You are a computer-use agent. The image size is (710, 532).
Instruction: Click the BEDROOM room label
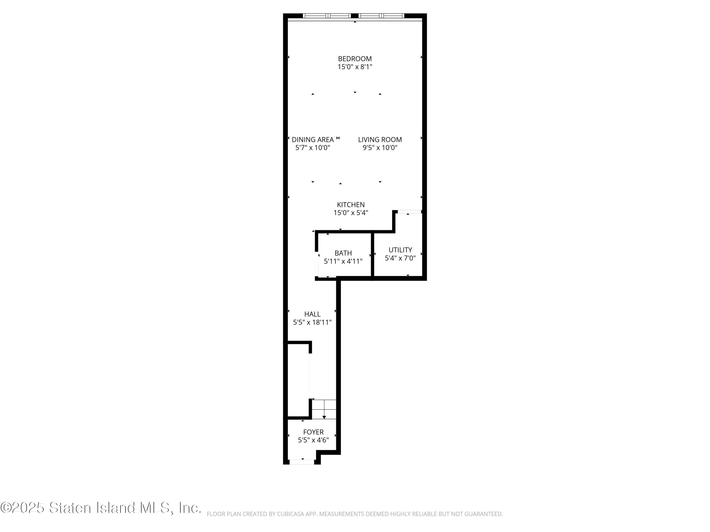coord(355,59)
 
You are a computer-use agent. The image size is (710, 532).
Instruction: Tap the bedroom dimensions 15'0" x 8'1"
coord(355,67)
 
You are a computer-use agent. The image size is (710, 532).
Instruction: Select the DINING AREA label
coord(313,140)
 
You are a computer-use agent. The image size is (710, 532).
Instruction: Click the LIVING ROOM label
coord(380,140)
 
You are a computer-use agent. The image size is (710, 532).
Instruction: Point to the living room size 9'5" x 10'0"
coord(380,148)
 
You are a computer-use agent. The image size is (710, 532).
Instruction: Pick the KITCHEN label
coord(351,205)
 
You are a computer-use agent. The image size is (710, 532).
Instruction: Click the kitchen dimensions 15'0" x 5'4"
coord(351,213)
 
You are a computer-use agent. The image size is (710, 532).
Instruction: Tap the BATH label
coord(343,253)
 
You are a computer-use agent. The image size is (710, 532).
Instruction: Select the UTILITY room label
coord(400,250)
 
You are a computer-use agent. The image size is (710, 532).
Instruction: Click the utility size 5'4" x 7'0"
coord(400,258)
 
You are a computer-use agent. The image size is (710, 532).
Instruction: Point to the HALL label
coord(312,314)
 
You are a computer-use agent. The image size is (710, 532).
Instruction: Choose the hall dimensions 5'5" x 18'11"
coord(312,322)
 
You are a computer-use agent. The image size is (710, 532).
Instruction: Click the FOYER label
coord(313,432)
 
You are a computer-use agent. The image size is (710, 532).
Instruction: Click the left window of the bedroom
coord(327,15)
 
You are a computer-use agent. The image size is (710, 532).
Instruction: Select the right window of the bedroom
coord(381,15)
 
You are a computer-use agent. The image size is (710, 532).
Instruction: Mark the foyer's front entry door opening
coord(302,462)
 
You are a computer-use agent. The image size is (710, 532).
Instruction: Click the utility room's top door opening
coord(409,212)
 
